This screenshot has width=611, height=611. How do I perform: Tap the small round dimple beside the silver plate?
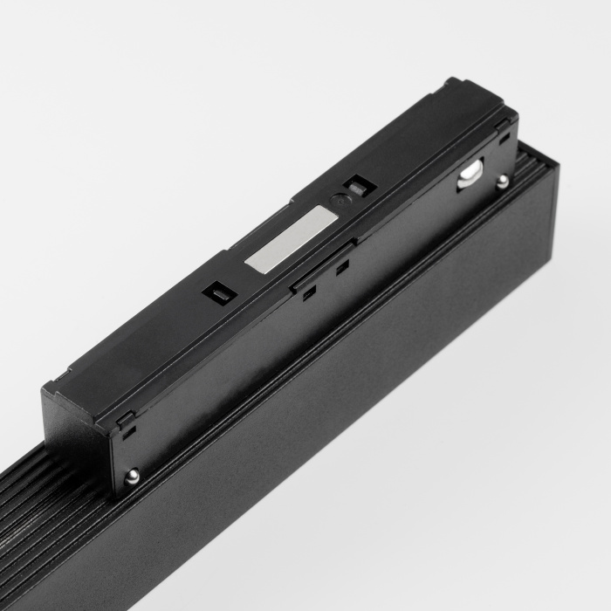point(339,200)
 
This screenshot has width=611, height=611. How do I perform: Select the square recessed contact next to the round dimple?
point(357,186)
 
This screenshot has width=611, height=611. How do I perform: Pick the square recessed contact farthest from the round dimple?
point(216,292)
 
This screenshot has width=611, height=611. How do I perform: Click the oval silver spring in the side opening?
point(470,171)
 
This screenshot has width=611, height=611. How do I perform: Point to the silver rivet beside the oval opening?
point(503,181)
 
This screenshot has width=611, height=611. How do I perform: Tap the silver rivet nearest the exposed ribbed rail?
point(132,476)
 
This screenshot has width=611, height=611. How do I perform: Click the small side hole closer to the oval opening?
point(342,265)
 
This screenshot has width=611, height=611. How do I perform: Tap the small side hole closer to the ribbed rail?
point(308,293)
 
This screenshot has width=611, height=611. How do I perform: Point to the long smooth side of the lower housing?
point(349,410)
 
